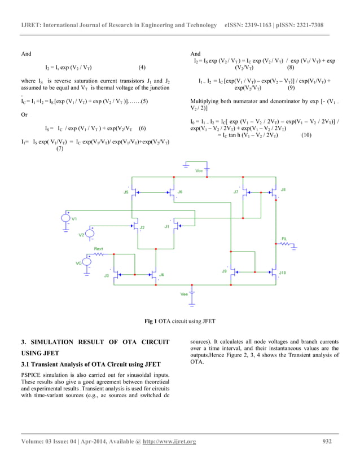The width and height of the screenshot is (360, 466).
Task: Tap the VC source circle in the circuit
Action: tap(87, 262)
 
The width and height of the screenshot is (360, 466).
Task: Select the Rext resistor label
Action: tap(98, 248)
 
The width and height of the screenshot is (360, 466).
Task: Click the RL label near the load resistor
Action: tap(284, 239)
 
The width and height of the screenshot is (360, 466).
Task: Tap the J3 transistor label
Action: tap(106, 275)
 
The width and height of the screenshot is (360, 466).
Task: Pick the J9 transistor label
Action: tap(224, 271)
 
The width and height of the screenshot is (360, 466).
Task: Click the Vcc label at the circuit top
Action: tap(199, 170)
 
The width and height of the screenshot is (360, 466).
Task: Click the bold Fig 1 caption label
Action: tap(151, 321)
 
